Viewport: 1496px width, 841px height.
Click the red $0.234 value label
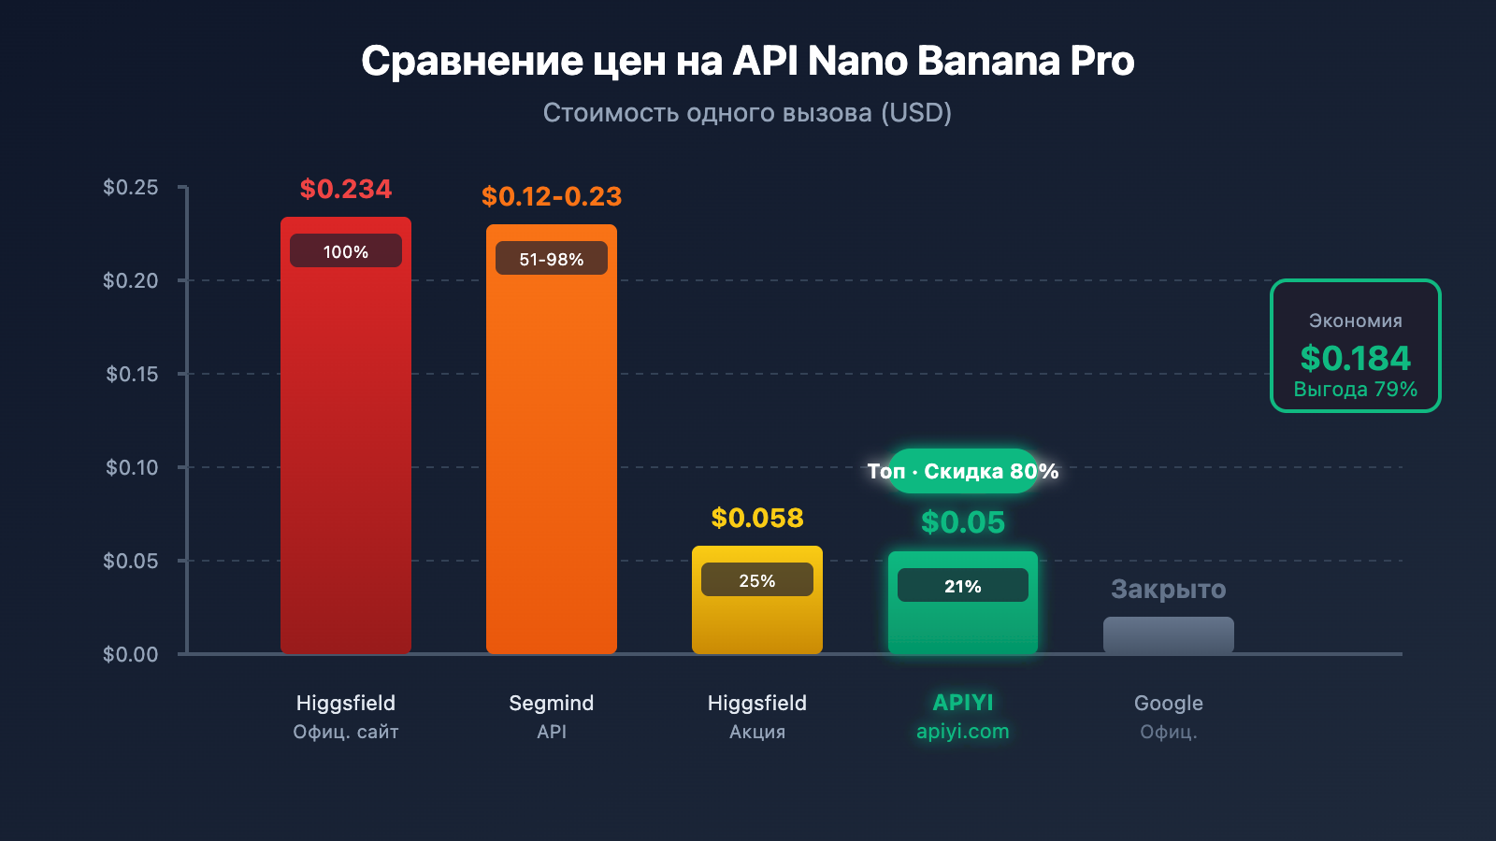[346, 189]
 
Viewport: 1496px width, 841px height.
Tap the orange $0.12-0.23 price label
[551, 196]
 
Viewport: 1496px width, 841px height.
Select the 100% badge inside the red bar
[346, 251]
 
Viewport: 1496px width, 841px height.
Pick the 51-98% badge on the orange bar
[551, 259]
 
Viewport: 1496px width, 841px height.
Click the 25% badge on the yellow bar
[756, 580]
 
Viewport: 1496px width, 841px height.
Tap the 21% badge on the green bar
[962, 586]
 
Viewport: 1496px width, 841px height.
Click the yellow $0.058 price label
[756, 518]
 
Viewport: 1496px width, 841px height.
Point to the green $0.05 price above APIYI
[962, 521]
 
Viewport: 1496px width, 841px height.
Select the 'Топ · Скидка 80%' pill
[962, 471]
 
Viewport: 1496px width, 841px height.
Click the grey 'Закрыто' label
[1168, 589]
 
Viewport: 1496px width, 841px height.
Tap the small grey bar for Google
[1168, 635]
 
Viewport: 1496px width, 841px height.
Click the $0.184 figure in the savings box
[1355, 358]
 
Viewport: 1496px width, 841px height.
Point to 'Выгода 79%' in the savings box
[1355, 389]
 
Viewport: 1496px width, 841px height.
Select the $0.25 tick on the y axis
[131, 187]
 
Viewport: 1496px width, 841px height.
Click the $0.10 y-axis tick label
[132, 467]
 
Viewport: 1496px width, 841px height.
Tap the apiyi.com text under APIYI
[962, 731]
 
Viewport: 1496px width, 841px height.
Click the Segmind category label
[551, 703]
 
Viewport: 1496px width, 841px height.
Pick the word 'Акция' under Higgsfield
[756, 732]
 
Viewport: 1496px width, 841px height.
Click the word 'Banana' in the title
[988, 61]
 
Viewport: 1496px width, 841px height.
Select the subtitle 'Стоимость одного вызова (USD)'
[747, 113]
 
